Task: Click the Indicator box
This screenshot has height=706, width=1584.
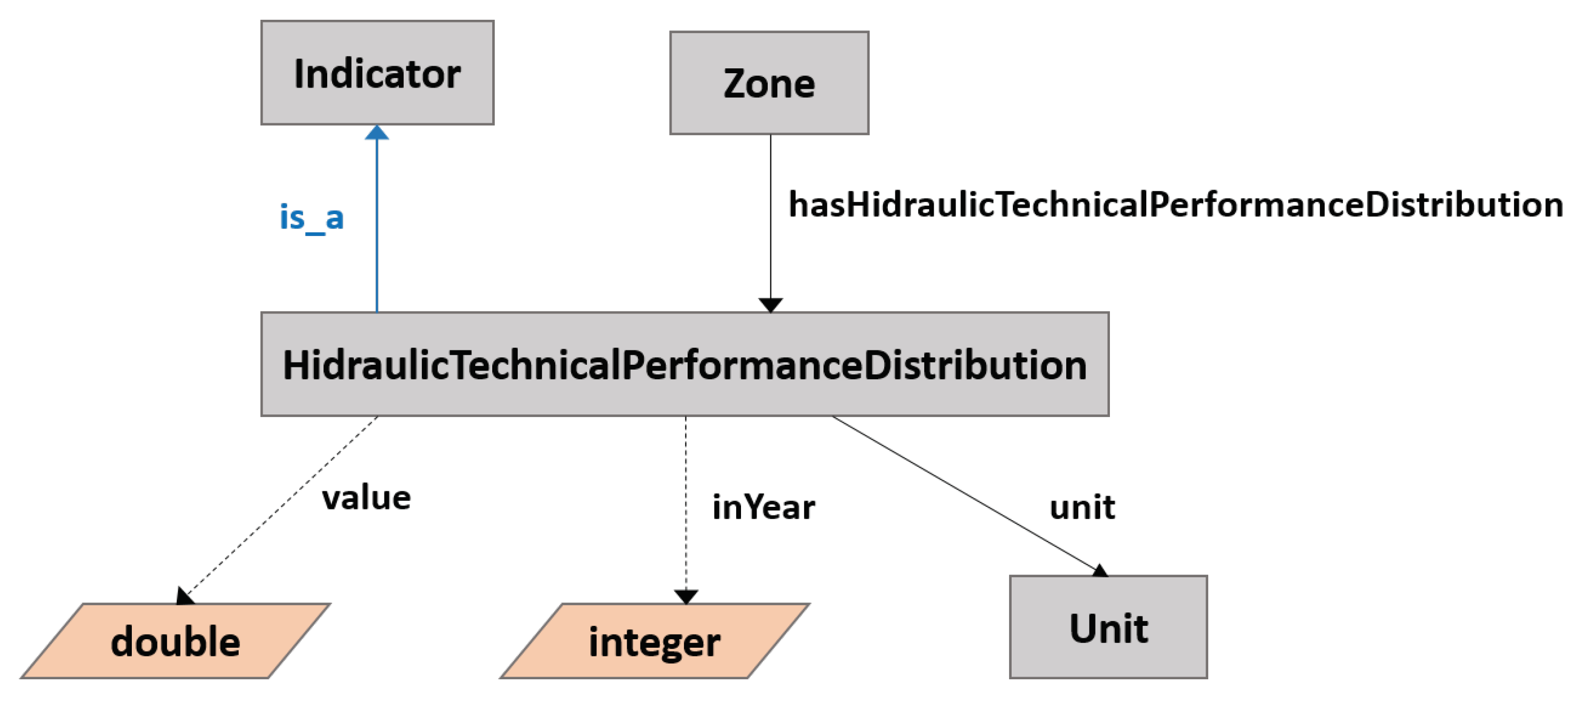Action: click(x=377, y=73)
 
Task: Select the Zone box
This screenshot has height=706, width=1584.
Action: click(x=769, y=83)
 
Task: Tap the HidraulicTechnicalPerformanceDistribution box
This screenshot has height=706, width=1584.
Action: click(x=684, y=364)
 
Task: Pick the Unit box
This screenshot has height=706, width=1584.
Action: click(x=1108, y=627)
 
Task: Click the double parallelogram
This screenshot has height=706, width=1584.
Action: click(x=175, y=641)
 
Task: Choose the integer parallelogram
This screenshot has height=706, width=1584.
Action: click(x=655, y=641)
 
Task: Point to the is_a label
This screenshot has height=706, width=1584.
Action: click(x=312, y=218)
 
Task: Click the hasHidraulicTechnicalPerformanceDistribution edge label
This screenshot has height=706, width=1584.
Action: click(x=1175, y=204)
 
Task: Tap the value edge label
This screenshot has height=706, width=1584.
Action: click(x=366, y=498)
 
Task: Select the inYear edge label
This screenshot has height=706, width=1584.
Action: click(x=763, y=507)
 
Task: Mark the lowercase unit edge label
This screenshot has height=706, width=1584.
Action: click(x=1082, y=507)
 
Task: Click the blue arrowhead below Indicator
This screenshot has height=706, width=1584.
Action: click(x=377, y=133)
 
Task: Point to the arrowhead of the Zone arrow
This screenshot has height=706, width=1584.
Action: click(x=770, y=304)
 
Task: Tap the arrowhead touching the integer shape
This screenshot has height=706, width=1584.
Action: click(x=685, y=596)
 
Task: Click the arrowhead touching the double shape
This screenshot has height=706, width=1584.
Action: click(x=183, y=596)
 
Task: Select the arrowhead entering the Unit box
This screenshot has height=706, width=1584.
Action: click(x=1099, y=571)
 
